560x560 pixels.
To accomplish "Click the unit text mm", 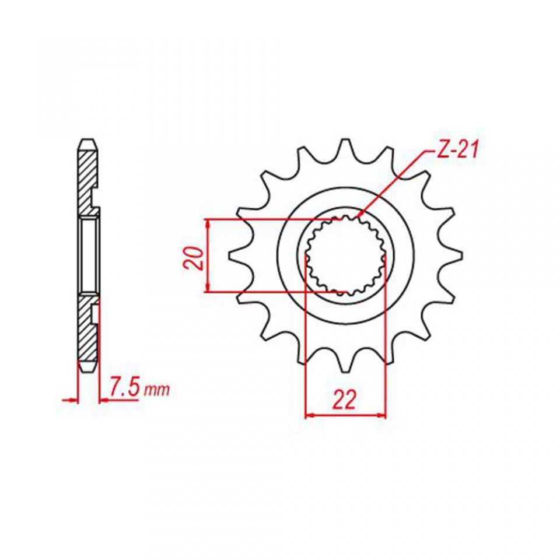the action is point(156,390).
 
